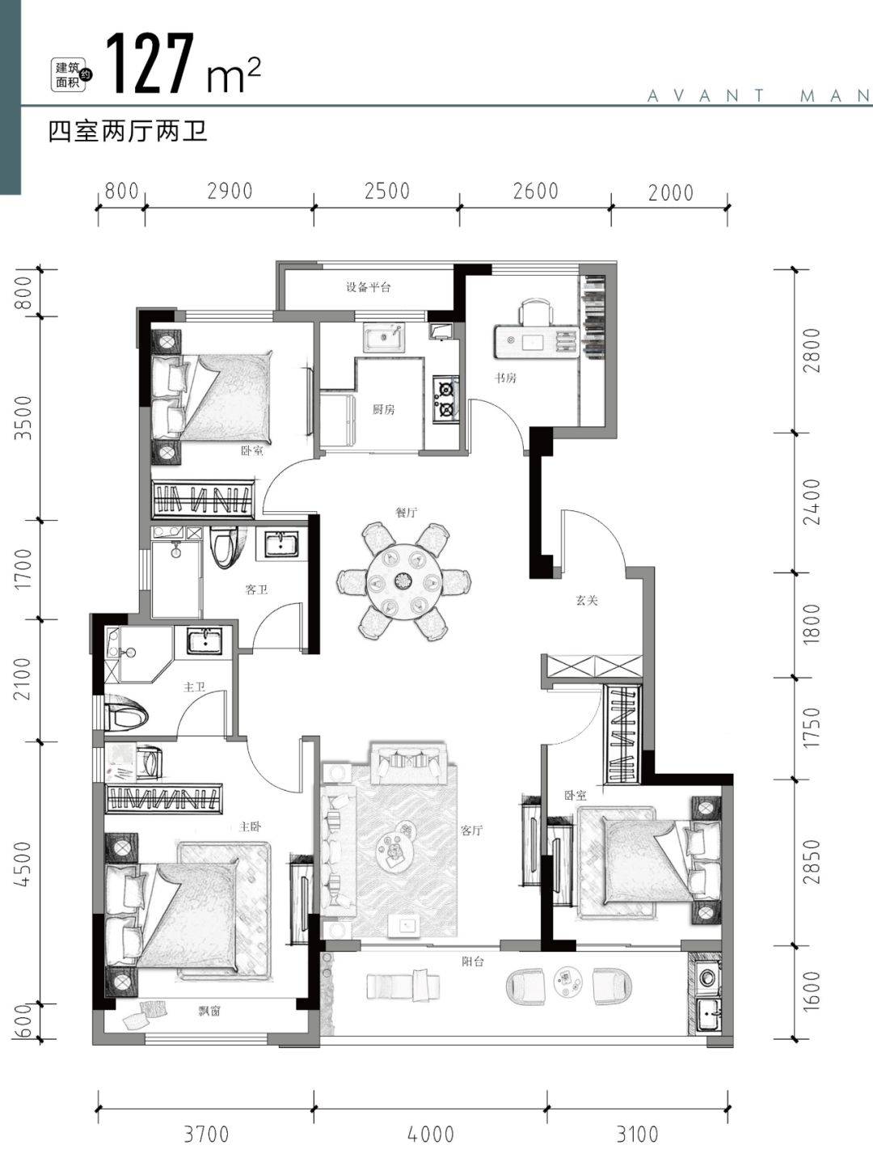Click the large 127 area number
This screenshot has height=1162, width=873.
(150, 64)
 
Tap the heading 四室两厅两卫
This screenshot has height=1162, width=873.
(128, 131)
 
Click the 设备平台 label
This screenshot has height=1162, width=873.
(369, 287)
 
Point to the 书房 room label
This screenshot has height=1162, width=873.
(505, 378)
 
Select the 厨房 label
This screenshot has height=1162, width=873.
(383, 409)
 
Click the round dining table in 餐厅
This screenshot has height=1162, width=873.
(404, 581)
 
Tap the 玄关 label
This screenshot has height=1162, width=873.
(587, 600)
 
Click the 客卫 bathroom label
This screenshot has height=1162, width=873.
(256, 589)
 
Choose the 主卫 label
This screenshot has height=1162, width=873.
(194, 687)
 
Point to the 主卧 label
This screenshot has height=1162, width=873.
(249, 826)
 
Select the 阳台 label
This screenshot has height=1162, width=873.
(473, 961)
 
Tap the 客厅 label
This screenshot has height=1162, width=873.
(471, 830)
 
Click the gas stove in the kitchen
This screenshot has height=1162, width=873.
(446, 399)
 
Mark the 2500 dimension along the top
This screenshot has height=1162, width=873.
(386, 191)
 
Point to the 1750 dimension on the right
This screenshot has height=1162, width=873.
(811, 728)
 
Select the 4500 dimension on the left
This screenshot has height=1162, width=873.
(24, 865)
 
